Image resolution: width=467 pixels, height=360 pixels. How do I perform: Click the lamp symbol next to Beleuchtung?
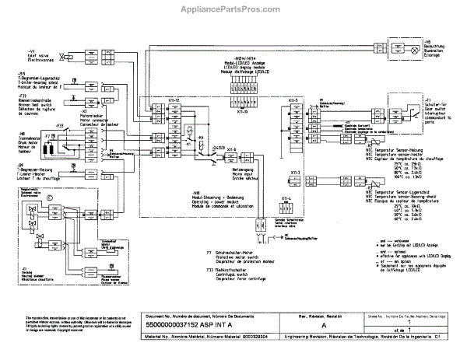coord(404,46)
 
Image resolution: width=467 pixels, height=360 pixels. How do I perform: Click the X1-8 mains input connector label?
coord(233,149)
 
